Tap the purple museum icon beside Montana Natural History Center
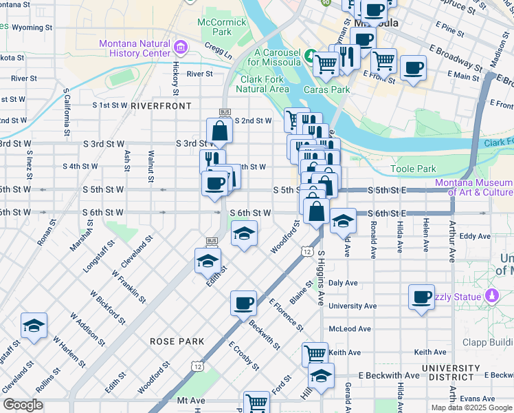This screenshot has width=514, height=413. point(181,47)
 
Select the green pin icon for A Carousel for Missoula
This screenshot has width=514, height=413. point(311,54)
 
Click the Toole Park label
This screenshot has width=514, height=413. point(413,169)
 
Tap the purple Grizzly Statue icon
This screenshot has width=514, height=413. point(491,295)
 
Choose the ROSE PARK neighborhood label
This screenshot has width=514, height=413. point(177,341)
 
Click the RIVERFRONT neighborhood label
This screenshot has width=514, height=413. point(161,106)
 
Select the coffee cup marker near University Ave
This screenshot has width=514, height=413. point(422,297)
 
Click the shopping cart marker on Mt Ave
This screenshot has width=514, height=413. point(256,401)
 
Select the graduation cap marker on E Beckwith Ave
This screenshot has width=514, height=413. point(321,376)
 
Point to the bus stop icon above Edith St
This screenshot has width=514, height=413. point(212,242)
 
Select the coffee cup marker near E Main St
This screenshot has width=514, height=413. point(413,67)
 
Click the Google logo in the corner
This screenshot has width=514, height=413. point(23,405)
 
